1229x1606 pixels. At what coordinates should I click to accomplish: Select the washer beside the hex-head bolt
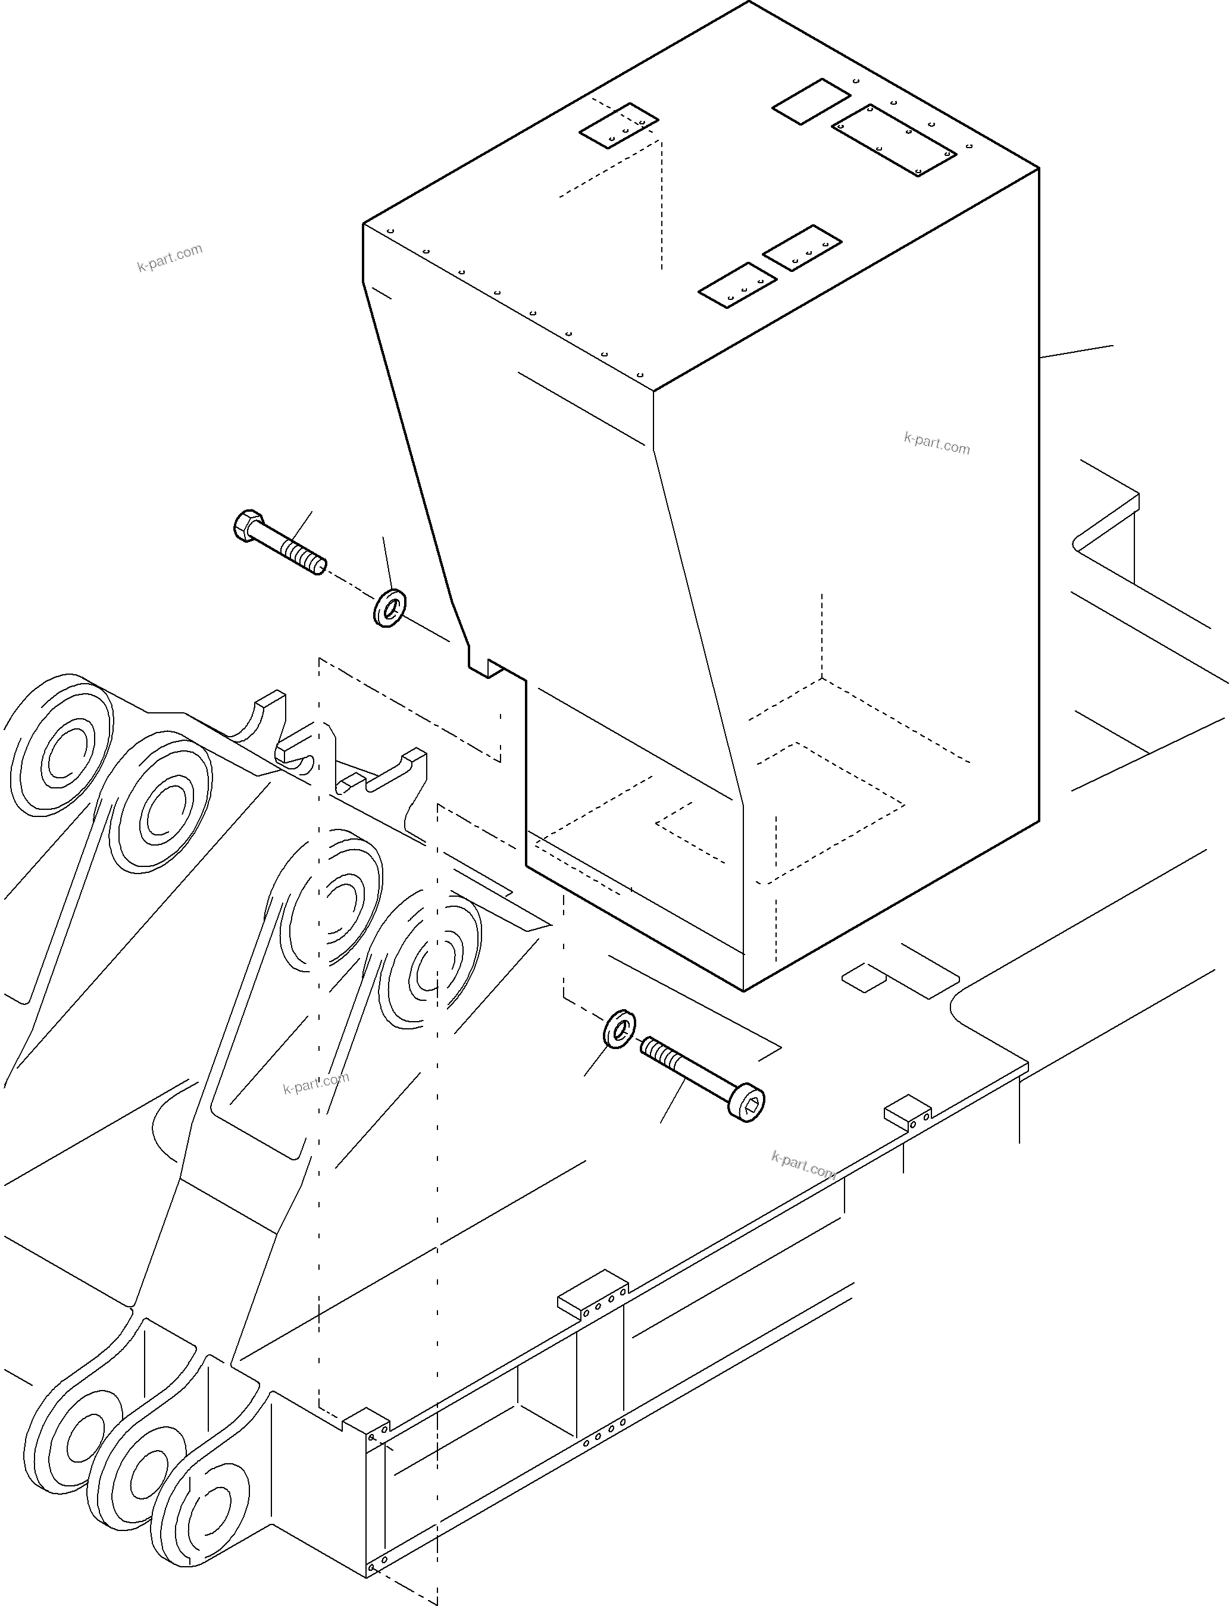pos(390,608)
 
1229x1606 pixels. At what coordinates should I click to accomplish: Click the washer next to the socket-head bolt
pos(620,1028)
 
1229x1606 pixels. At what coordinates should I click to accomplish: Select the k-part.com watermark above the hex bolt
pos(170,258)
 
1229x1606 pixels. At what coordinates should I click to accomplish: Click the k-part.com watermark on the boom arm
pos(316,1083)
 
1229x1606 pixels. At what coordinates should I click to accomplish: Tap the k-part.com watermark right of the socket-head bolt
pos(803,1164)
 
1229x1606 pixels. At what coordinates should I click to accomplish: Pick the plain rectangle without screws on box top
pos(811,102)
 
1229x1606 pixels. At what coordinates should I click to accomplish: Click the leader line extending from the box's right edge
pos(1077,352)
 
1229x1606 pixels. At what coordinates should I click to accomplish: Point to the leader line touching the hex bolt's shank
pos(301,527)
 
